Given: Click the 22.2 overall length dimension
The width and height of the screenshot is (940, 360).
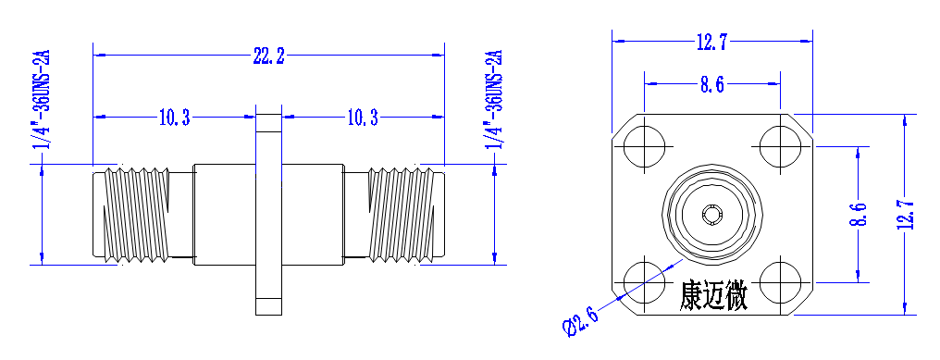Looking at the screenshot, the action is (268, 57).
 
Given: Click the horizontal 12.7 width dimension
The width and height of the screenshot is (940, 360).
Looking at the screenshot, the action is (711, 43).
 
